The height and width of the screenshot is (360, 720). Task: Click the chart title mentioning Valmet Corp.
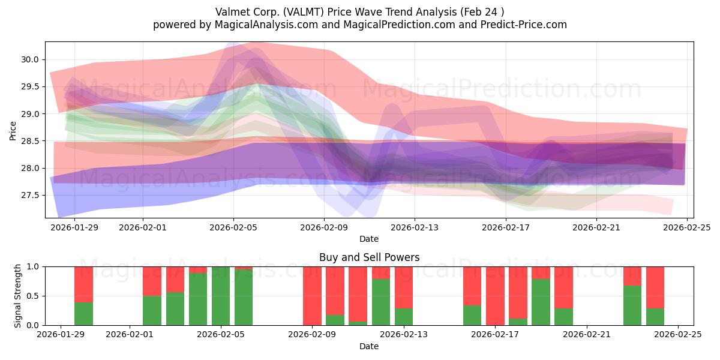tap(359, 11)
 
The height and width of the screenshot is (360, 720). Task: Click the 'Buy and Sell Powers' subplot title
tap(368, 257)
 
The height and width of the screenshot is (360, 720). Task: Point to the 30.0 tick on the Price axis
tap(31, 59)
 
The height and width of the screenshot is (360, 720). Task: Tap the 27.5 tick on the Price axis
tap(31, 195)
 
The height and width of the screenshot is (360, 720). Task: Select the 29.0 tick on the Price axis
tap(31, 114)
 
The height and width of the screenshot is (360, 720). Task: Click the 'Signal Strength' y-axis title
tap(18, 296)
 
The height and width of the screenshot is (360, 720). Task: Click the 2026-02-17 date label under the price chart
tap(505, 227)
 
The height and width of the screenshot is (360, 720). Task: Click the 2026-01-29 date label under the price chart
tap(74, 227)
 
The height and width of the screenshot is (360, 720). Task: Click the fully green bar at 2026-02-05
tap(221, 296)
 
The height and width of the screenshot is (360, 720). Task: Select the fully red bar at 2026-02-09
tap(312, 296)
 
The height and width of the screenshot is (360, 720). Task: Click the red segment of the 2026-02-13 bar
tap(404, 287)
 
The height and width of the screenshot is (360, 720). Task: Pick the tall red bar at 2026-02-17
tap(495, 296)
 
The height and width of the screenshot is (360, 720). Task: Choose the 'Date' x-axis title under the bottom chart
tap(368, 346)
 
